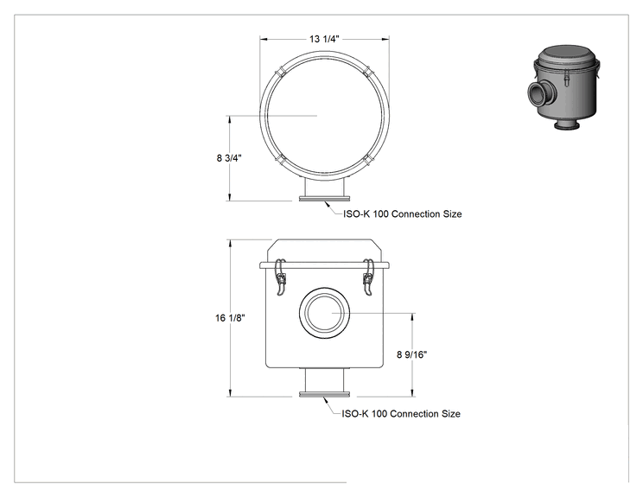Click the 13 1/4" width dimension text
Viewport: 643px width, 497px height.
click(x=324, y=39)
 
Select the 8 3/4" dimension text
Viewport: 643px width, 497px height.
click(x=229, y=158)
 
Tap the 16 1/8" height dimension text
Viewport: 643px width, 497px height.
click(x=230, y=318)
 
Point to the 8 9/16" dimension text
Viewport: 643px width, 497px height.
click(x=411, y=354)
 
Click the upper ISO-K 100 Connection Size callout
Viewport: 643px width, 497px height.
click(x=402, y=214)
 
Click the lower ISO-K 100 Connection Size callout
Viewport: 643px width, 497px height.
click(x=401, y=414)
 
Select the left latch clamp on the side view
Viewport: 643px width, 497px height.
click(x=281, y=277)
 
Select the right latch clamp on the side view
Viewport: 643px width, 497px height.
click(x=369, y=277)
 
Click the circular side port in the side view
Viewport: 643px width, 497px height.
click(x=324, y=313)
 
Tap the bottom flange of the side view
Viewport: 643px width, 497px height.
click(x=324, y=394)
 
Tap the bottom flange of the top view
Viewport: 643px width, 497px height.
click(x=324, y=199)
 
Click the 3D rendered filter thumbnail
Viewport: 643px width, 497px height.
click(x=563, y=88)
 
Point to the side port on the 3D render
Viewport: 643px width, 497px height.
click(x=538, y=94)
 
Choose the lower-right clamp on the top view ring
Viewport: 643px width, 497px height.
click(x=368, y=160)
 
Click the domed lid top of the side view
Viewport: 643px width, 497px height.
click(x=324, y=251)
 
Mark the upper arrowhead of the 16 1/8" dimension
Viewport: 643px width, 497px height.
click(x=231, y=243)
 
